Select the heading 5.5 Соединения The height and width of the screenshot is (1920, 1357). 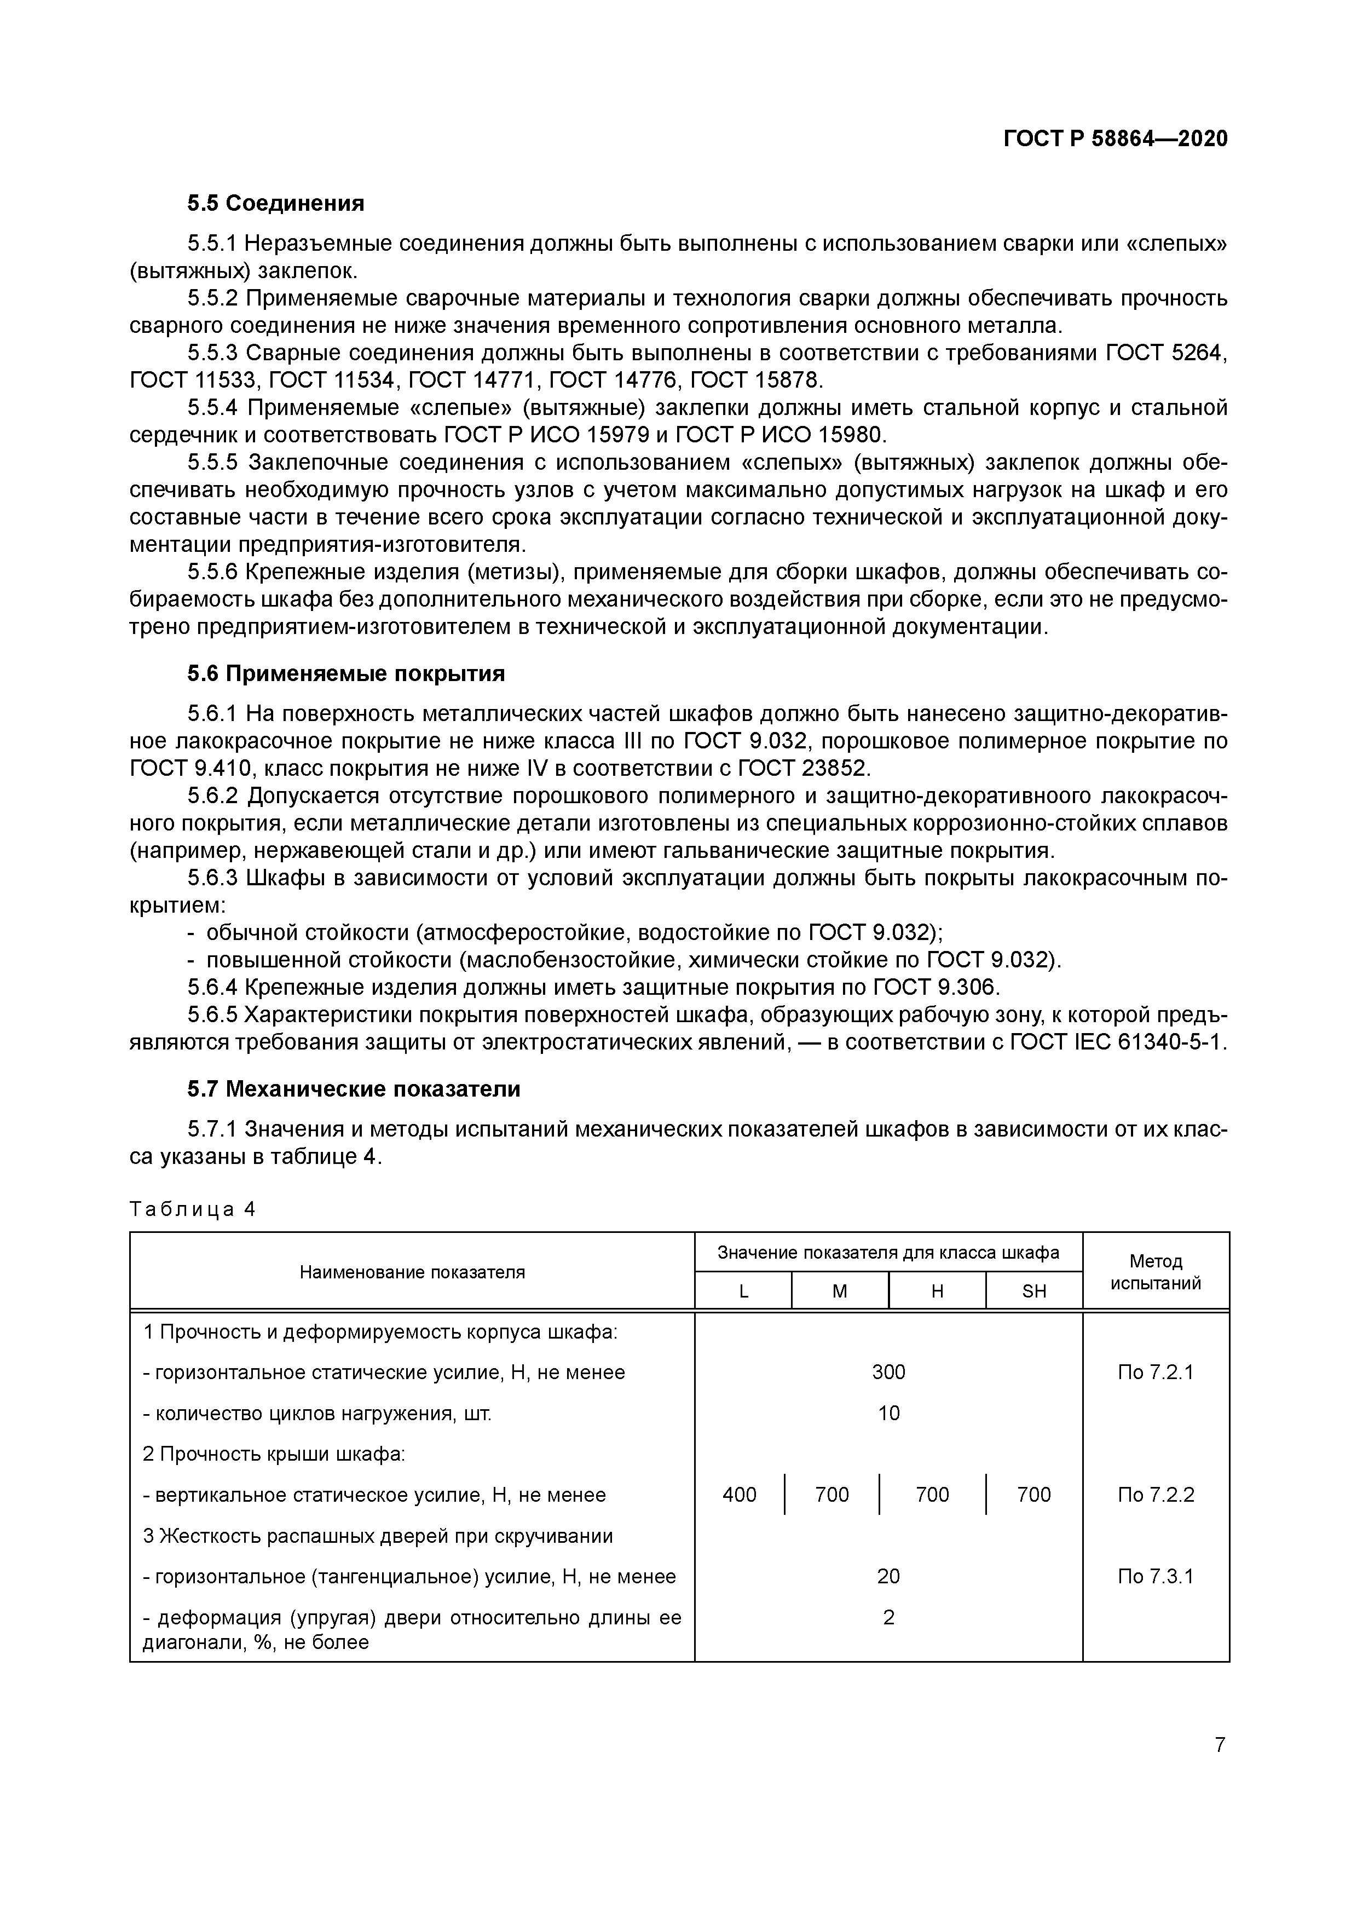coord(275,203)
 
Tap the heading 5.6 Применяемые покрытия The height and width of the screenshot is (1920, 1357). coord(345,673)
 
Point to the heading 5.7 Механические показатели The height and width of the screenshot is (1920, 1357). coord(353,1089)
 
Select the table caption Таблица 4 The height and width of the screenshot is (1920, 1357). coord(192,1209)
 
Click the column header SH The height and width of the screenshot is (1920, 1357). coord(1033,1291)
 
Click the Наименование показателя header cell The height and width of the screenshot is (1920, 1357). coord(412,1272)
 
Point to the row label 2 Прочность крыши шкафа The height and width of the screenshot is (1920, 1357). coord(273,1454)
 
